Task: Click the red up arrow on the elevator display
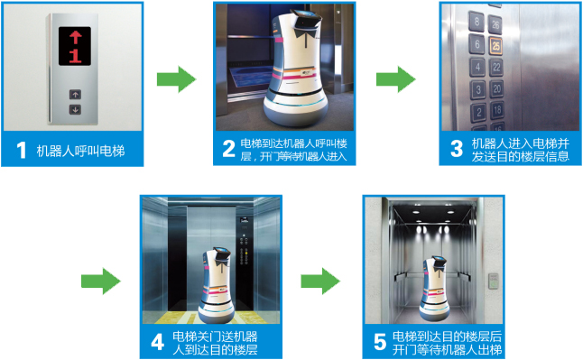pyautogui.click(x=76, y=37)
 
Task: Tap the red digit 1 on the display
pyautogui.click(x=75, y=55)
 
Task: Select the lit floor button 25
pyautogui.click(x=495, y=46)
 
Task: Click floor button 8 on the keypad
pyautogui.click(x=477, y=21)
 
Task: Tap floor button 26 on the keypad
pyautogui.click(x=495, y=24)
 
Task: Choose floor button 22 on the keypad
pyautogui.click(x=496, y=68)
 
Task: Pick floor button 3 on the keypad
pyautogui.click(x=478, y=89)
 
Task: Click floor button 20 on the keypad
pyautogui.click(x=497, y=88)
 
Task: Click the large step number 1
pyautogui.click(x=21, y=151)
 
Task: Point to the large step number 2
pyautogui.click(x=228, y=148)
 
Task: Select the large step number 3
pyautogui.click(x=457, y=148)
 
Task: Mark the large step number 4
pyautogui.click(x=158, y=342)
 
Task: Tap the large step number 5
pyautogui.click(x=380, y=342)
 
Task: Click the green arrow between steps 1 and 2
pyautogui.click(x=177, y=79)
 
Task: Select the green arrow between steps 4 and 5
pyautogui.click(x=320, y=282)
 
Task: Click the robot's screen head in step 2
pyautogui.click(x=306, y=19)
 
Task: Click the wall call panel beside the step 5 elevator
pyautogui.click(x=493, y=281)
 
